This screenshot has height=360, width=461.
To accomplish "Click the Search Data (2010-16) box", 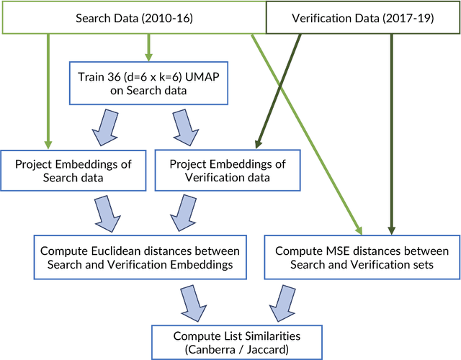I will pyautogui.click(x=134, y=17).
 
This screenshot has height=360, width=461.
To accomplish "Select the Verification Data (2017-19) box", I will pyautogui.click(x=364, y=17).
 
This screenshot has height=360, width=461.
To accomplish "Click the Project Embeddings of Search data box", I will pyautogui.click(x=73, y=171).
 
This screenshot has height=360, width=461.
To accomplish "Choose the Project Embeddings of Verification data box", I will pyautogui.click(x=228, y=171).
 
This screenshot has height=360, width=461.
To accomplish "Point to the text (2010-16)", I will pyautogui.click(x=168, y=17).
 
